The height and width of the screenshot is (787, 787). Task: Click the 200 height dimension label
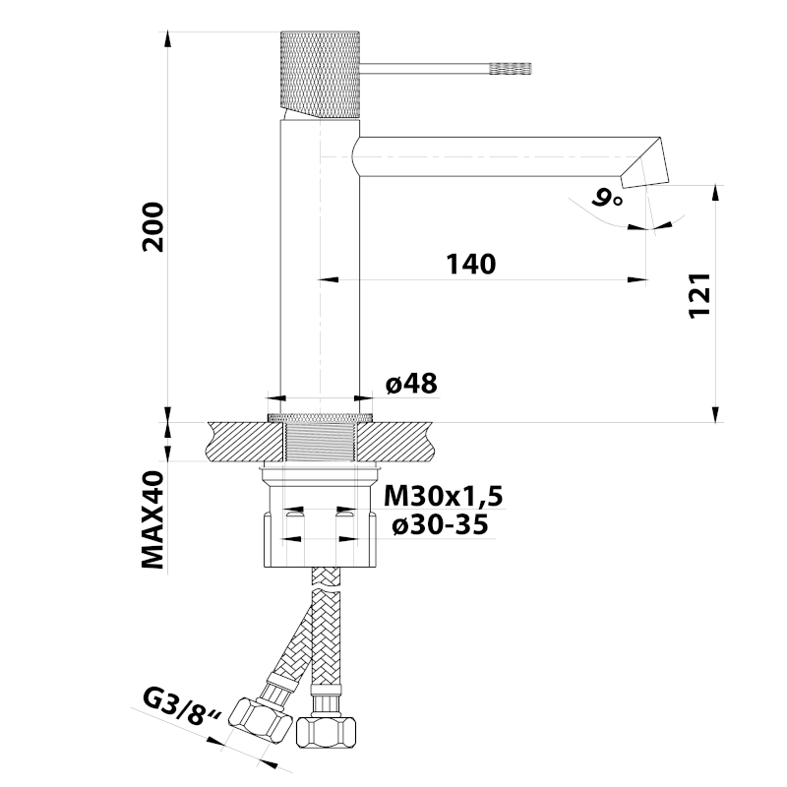152,226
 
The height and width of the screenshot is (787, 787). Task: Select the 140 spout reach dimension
470,264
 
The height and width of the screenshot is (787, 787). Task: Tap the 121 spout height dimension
697,295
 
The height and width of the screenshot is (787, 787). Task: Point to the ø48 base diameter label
410,384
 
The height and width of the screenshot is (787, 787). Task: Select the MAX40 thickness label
152,522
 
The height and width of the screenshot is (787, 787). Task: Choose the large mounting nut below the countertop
320,536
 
